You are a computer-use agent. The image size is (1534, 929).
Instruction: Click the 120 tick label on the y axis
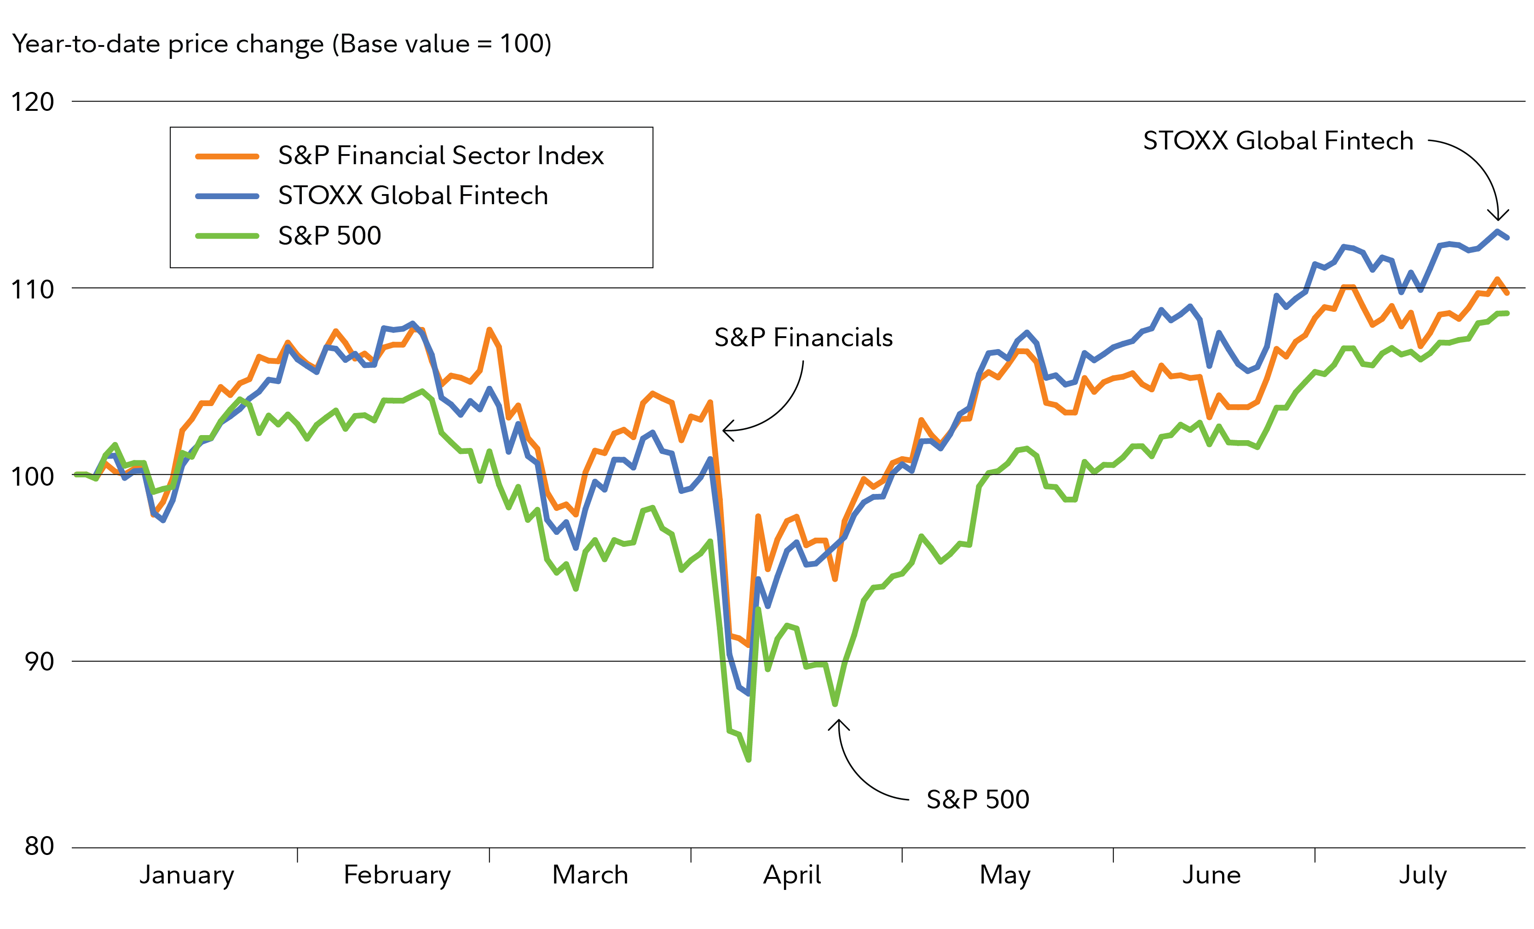point(32,102)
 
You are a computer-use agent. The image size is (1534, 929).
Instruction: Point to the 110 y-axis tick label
point(32,289)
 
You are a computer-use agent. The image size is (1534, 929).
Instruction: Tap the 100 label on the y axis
point(32,476)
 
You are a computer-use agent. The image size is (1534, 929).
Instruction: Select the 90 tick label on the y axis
point(39,661)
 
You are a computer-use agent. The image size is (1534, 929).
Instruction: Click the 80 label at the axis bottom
point(39,846)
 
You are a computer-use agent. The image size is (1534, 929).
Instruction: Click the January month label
point(186,875)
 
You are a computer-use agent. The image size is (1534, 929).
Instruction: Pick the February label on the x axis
point(397,875)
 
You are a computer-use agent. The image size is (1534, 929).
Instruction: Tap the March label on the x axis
point(590,875)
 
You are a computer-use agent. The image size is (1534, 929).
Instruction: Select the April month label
point(792,875)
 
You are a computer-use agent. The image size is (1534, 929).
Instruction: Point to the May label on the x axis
point(1005,875)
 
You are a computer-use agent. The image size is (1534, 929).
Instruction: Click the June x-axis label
point(1211,875)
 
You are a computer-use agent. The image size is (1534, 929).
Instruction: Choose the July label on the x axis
point(1423,875)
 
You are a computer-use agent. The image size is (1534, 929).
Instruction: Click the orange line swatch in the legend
point(227,156)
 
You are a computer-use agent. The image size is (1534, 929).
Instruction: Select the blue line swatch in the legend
point(227,196)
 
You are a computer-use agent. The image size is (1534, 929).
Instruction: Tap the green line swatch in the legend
point(227,236)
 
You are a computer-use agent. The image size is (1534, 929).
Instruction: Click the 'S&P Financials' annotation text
point(803,338)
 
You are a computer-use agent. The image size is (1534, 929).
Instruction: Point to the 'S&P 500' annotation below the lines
point(977,800)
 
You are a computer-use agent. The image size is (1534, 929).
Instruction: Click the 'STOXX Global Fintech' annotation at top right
point(1278,141)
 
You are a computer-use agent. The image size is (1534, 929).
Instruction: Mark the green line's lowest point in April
point(748,760)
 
